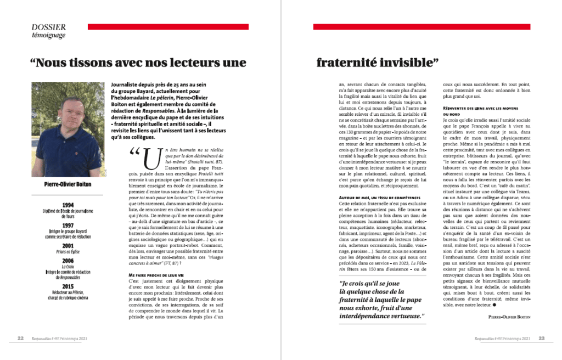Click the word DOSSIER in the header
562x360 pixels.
[49, 26]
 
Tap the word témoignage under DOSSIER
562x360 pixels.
[49, 35]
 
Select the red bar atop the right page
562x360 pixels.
[422, 26]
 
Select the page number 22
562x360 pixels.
[20, 339]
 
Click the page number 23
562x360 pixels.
[541, 339]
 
